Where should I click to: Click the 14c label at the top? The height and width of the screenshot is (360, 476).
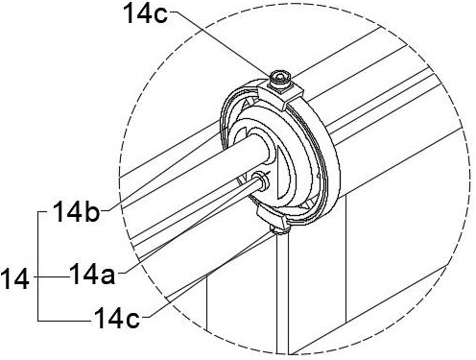[x=146, y=14]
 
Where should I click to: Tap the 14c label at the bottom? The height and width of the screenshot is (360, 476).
[x=117, y=318]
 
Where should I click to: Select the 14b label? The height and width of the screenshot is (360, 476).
[x=76, y=211]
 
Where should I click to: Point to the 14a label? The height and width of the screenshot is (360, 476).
[x=92, y=274]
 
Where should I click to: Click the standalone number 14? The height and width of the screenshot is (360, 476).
[x=14, y=279]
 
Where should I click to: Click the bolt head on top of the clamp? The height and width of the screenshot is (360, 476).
[x=280, y=78]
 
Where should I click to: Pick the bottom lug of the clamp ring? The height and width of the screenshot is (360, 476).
[x=272, y=218]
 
